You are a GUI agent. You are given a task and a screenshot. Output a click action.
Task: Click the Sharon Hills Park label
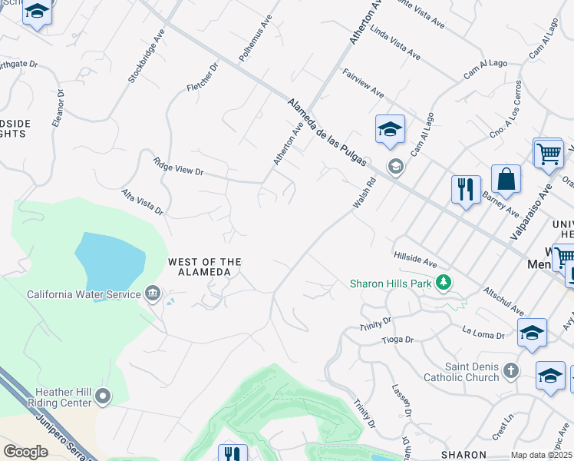pyautogui.click(x=391, y=284)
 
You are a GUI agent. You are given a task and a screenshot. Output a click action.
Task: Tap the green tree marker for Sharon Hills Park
pyautogui.click(x=443, y=284)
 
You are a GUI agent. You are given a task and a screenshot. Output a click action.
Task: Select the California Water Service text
pyautogui.click(x=84, y=294)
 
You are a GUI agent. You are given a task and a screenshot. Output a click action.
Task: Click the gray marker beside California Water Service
pyautogui.click(x=152, y=294)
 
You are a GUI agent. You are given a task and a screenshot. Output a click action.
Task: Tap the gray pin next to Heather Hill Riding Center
pyautogui.click(x=103, y=396)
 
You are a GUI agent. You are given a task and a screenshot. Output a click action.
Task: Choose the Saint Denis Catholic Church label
pyautogui.click(x=461, y=373)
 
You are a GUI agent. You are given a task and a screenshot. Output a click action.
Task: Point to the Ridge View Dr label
pyautogui.click(x=178, y=167)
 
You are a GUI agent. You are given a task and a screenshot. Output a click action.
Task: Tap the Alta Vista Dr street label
pyautogui.click(x=142, y=201)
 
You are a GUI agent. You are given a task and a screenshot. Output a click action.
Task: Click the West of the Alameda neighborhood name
pyautogui.click(x=205, y=267)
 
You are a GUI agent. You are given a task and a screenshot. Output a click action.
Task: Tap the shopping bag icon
pyautogui.click(x=506, y=181)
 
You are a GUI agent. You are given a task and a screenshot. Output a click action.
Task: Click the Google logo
pyautogui.click(x=25, y=452)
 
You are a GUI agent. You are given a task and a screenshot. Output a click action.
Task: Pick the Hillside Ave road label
pyautogui.click(x=415, y=258)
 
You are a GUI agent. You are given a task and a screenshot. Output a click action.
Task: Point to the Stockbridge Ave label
pyautogui.click(x=147, y=57)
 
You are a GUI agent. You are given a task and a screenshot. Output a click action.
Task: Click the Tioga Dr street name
pyautogui.click(x=398, y=340)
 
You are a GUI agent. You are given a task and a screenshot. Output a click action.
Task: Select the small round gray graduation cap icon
pyautogui.click(x=396, y=167)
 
